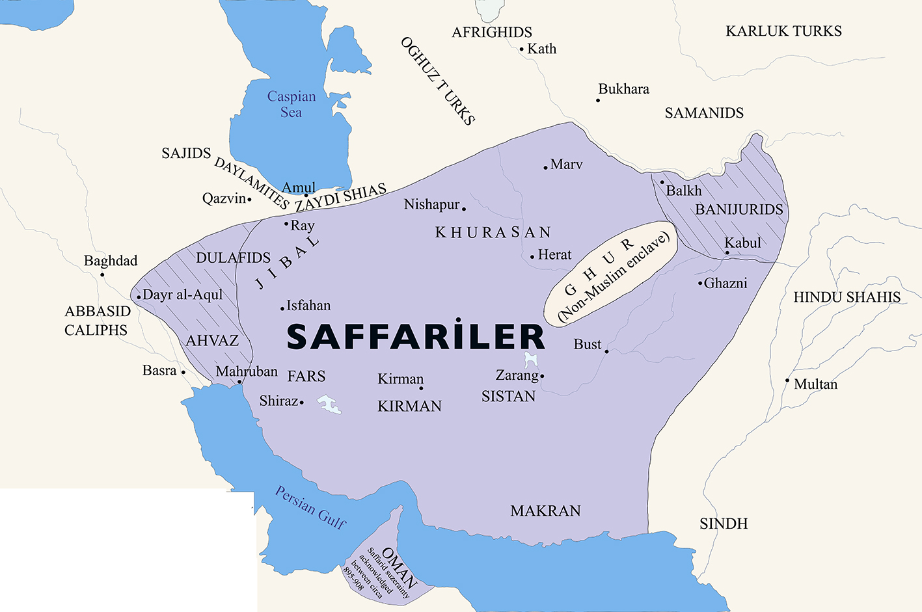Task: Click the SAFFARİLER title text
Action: point(415,336)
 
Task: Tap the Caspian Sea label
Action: point(291,104)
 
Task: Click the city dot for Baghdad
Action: point(102,274)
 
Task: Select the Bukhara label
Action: point(623,89)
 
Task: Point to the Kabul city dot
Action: point(727,253)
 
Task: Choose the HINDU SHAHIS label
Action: point(847,297)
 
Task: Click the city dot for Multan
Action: point(787,380)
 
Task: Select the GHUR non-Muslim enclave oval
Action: point(610,273)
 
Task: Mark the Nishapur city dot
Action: point(464,209)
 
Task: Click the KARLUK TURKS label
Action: point(783,31)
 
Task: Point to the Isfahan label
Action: point(308,305)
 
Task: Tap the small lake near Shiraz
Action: point(329,405)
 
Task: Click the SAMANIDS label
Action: point(704,113)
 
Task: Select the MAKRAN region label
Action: point(545,511)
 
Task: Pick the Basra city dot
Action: point(183,373)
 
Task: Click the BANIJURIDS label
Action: point(739,209)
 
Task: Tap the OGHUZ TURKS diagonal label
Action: point(437,81)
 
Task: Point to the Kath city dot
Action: point(522,49)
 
